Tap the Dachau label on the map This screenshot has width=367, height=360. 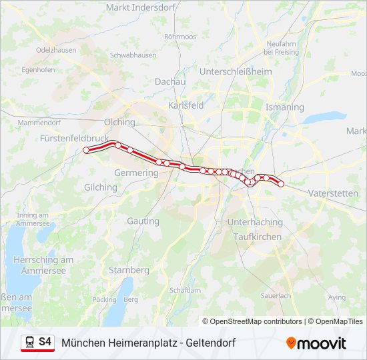pyautogui.click(x=169, y=81)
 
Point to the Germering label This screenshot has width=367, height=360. pyautogui.click(x=137, y=173)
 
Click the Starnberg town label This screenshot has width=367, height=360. pyautogui.click(x=129, y=270)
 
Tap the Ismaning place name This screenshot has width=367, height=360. pyautogui.click(x=284, y=107)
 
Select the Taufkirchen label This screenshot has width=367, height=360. pyautogui.click(x=258, y=237)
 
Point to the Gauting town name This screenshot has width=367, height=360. pyautogui.click(x=143, y=221)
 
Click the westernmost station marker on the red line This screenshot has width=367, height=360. pyautogui.click(x=86, y=151)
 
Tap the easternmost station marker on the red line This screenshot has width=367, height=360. pyautogui.click(x=281, y=183)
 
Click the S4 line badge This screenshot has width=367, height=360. pyautogui.click(x=45, y=342)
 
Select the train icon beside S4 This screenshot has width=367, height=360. pyautogui.click(x=29, y=342)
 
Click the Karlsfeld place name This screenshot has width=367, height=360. pyautogui.click(x=186, y=106)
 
